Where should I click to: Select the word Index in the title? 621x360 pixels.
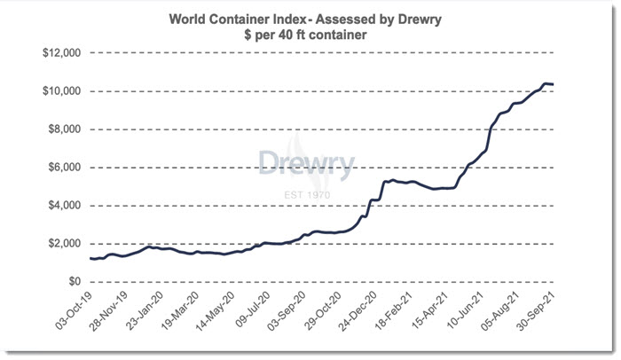pos(289,17)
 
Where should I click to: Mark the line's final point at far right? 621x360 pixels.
pos(554,84)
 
